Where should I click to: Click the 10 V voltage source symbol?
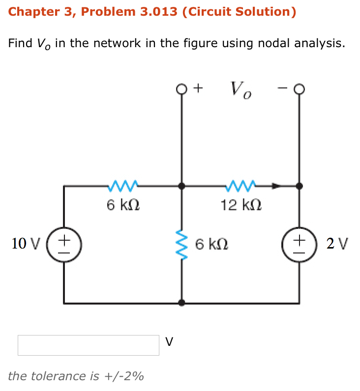(x=64, y=244)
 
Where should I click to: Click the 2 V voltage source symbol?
(x=299, y=244)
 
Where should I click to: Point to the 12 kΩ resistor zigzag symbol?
(x=240, y=186)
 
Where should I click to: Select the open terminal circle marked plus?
(x=182, y=89)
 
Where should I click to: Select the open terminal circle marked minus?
(x=299, y=89)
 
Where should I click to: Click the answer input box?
(x=89, y=345)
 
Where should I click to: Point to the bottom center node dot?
(x=182, y=303)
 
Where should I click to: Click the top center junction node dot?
(x=182, y=186)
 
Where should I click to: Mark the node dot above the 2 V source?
(x=299, y=186)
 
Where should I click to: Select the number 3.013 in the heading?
(x=158, y=12)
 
